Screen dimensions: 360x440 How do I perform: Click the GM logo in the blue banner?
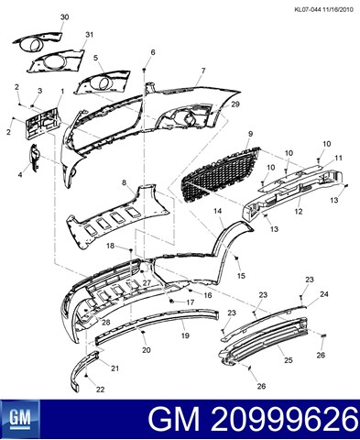click(20, 418)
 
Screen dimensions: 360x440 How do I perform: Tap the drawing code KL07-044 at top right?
click(308, 9)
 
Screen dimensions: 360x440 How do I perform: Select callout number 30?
click(64, 17)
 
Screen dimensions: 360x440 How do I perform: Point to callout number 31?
click(89, 35)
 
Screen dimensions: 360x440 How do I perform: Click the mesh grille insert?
click(221, 174)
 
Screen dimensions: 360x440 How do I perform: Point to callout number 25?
click(289, 360)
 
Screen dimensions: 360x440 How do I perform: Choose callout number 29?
click(235, 104)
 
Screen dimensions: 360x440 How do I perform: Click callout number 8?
click(124, 183)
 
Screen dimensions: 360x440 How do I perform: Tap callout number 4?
click(20, 175)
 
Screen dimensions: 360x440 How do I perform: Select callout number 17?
click(191, 302)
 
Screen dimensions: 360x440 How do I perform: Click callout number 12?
click(299, 211)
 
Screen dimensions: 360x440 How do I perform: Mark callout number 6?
click(153, 52)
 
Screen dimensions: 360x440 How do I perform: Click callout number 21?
click(115, 368)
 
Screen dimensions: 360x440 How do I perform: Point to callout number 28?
click(105, 323)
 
